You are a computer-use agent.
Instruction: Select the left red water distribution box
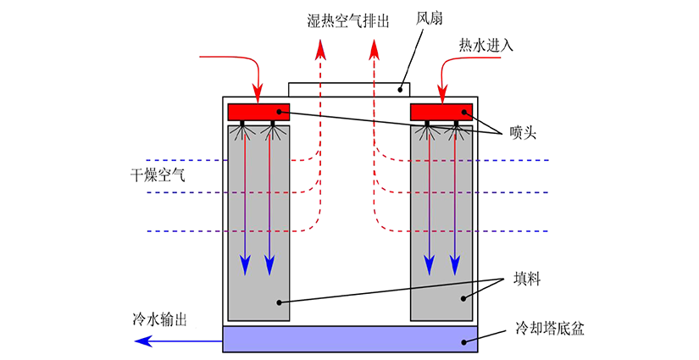click(x=258, y=112)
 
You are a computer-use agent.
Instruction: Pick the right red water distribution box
click(x=441, y=112)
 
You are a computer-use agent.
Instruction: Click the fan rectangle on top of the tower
click(x=349, y=88)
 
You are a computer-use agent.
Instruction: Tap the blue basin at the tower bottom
click(x=349, y=339)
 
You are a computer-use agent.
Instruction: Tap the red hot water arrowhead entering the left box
click(x=258, y=95)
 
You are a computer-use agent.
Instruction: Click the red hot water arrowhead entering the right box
click(x=441, y=95)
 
